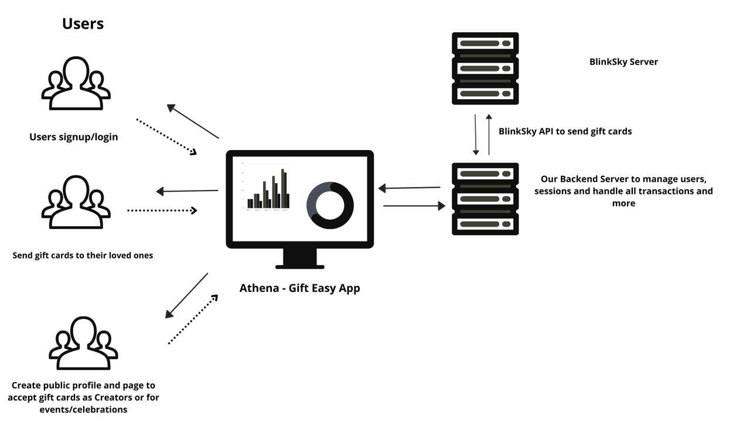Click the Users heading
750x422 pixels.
83,23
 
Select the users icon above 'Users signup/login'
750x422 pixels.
76,83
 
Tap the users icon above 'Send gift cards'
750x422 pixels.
76,202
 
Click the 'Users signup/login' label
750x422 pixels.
74,137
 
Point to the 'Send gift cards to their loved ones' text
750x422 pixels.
83,256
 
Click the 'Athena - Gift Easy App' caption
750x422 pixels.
299,288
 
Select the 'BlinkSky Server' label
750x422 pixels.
623,62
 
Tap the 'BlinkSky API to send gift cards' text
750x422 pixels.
565,131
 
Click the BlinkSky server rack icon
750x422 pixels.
485,69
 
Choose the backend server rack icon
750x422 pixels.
485,199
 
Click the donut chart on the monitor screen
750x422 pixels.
330,205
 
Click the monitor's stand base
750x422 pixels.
299,267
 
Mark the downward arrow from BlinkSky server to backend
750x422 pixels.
476,134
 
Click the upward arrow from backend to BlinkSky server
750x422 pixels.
489,134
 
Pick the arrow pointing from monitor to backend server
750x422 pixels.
414,206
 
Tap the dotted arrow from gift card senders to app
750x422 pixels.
162,210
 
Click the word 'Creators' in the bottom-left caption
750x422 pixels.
115,397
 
